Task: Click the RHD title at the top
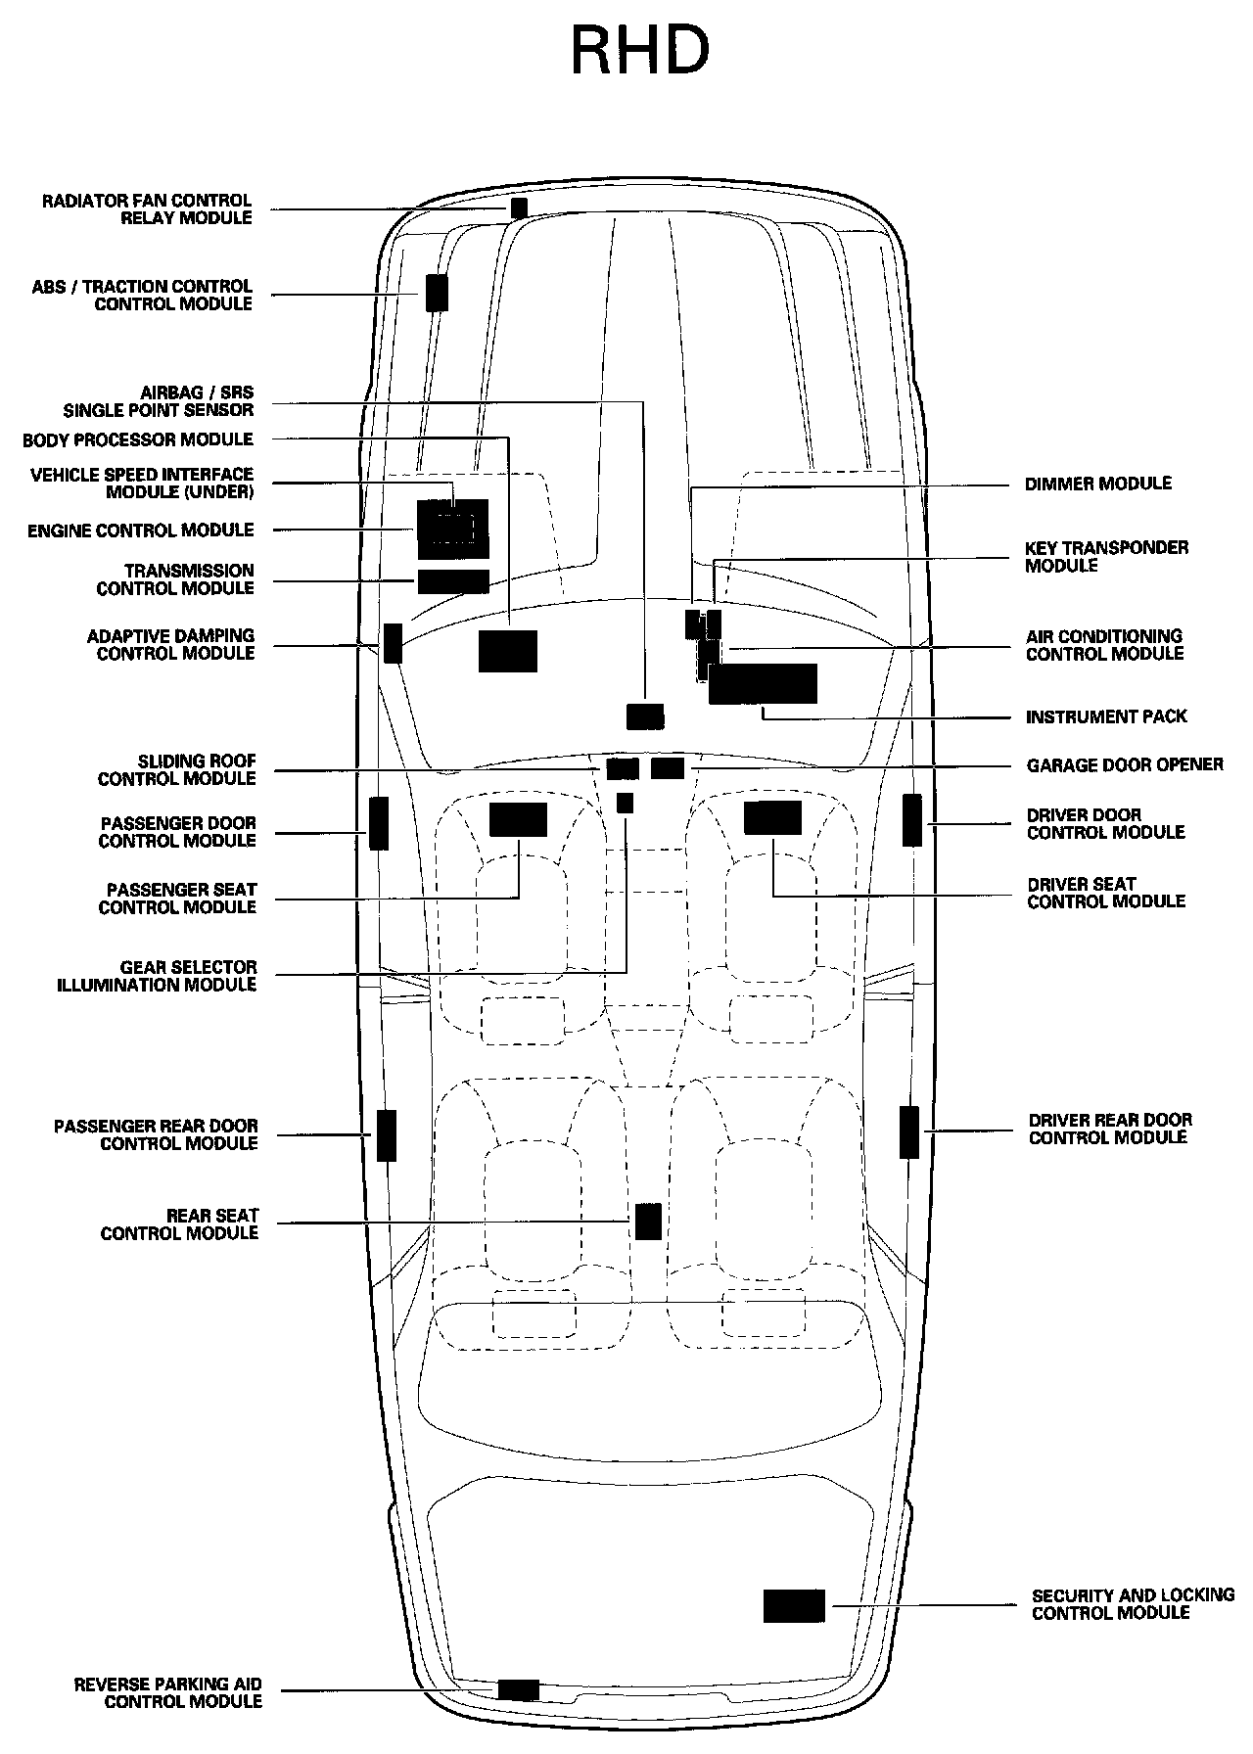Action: click(639, 51)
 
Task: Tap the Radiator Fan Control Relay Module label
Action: click(147, 209)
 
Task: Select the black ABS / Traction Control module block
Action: click(437, 293)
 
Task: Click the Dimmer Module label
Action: click(1097, 484)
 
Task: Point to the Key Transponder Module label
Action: click(1106, 557)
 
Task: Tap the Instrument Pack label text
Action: click(1106, 717)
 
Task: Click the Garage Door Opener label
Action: click(1125, 764)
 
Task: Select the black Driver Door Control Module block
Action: click(912, 820)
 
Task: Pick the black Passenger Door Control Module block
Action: click(379, 823)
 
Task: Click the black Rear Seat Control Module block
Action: click(648, 1222)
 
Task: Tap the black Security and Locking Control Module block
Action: click(794, 1606)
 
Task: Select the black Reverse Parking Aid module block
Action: click(519, 1689)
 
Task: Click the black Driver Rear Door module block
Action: click(910, 1132)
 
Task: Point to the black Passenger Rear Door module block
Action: click(387, 1135)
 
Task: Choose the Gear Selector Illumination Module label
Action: click(157, 976)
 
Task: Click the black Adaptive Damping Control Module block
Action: click(393, 642)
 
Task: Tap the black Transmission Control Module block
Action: click(453, 581)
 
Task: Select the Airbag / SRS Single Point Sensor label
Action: click(159, 401)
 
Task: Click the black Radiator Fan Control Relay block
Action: click(519, 208)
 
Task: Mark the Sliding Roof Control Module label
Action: click(177, 769)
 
